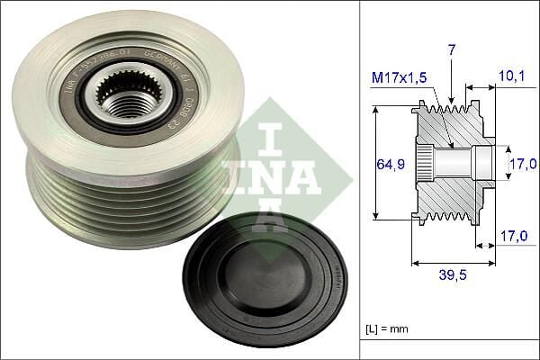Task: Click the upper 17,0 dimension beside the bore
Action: pos(523,163)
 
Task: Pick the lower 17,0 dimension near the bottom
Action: pos(512,236)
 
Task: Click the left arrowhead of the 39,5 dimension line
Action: pos(414,263)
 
